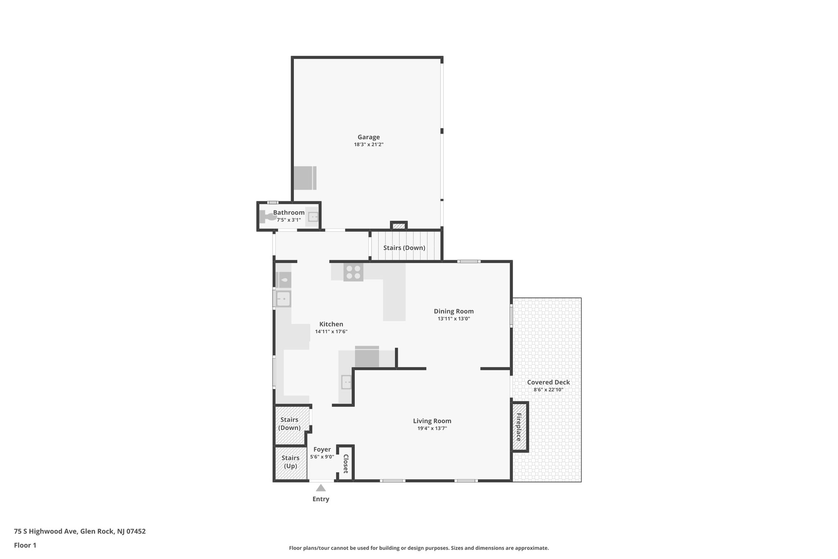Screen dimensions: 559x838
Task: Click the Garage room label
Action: click(x=368, y=137)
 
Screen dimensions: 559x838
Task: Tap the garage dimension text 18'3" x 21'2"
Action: click(x=368, y=145)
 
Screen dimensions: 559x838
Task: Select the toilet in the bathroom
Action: click(x=268, y=216)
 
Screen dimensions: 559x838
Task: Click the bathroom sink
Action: click(x=313, y=216)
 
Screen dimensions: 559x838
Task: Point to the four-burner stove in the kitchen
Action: click(x=353, y=272)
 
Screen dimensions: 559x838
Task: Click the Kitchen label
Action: click(x=331, y=324)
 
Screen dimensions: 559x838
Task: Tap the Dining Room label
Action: click(x=453, y=311)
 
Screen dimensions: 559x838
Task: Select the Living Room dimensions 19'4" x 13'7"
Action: click(x=432, y=428)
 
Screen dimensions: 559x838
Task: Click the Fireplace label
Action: click(x=519, y=427)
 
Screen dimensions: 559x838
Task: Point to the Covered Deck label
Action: click(x=548, y=382)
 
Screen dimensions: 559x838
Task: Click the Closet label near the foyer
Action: click(x=346, y=464)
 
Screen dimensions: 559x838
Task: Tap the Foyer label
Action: click(x=322, y=450)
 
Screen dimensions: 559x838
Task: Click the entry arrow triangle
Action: click(x=321, y=488)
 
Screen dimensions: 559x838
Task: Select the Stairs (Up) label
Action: click(x=291, y=462)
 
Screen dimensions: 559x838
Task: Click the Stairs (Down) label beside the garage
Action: click(x=404, y=248)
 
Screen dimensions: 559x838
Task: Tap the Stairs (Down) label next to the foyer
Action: click(x=289, y=424)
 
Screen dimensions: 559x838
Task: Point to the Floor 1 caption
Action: click(x=25, y=545)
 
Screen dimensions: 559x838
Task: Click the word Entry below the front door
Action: click(x=321, y=499)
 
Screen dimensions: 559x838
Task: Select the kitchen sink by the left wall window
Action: click(x=283, y=299)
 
